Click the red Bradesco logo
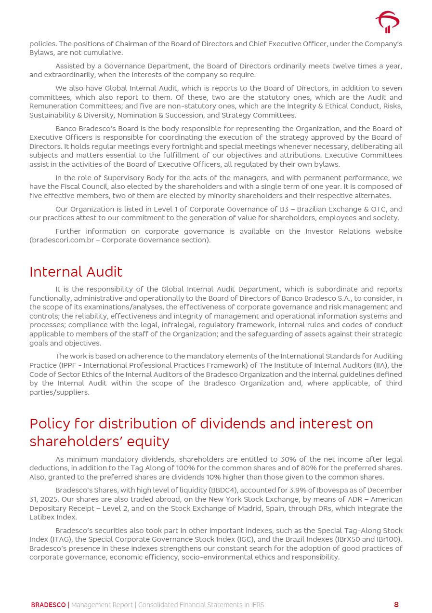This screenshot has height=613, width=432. click(387, 22)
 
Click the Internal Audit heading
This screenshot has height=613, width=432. click(76, 272)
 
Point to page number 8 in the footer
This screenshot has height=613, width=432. click(396, 605)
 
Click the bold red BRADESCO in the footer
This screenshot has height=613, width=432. click(48, 605)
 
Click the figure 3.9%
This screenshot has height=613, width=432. click(295, 491)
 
